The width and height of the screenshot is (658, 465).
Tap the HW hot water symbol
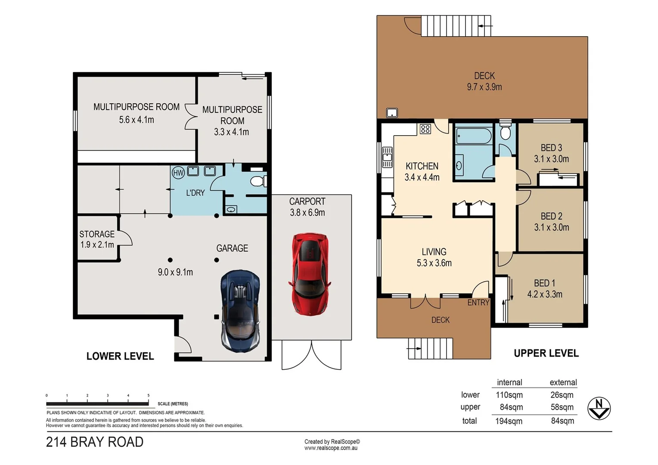click(178, 173)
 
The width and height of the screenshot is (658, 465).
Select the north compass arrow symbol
click(599, 408)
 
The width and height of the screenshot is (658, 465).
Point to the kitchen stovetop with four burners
click(425, 129)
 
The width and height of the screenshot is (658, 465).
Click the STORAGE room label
click(97, 234)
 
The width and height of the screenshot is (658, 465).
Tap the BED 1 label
click(544, 283)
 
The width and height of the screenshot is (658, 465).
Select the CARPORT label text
click(307, 201)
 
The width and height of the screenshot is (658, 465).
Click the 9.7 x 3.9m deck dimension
click(484, 87)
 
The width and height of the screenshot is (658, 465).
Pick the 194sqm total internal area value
click(509, 421)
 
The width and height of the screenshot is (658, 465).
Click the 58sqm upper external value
click(562, 407)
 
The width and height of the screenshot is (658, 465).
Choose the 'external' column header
click(563, 382)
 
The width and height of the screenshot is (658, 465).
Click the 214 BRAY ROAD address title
click(95, 442)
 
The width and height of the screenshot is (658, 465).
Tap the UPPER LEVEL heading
click(546, 353)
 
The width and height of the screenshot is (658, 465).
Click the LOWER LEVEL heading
click(120, 356)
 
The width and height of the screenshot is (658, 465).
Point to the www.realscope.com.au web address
click(331, 448)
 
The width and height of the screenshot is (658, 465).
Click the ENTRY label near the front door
click(478, 303)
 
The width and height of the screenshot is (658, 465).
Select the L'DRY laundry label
click(195, 193)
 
